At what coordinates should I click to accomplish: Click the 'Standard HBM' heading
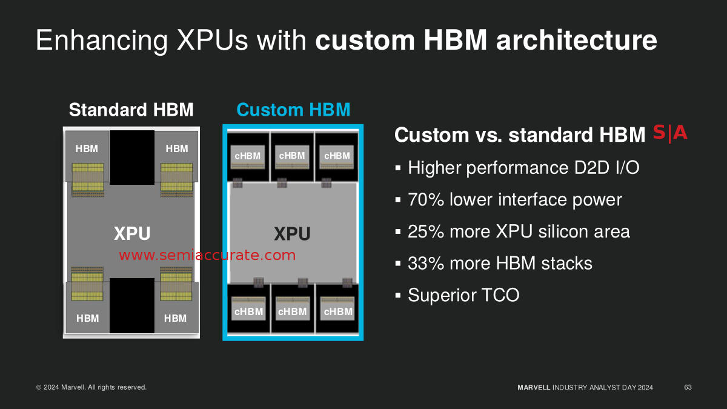(x=131, y=110)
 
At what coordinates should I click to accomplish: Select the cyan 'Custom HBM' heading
(x=293, y=110)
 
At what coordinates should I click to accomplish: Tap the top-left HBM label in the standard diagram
(x=87, y=148)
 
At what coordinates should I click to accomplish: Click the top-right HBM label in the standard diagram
(x=177, y=148)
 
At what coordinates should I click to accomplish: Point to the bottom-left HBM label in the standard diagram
(x=88, y=318)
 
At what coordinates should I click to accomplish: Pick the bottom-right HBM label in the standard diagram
(x=175, y=318)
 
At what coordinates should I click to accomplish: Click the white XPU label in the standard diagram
(x=132, y=233)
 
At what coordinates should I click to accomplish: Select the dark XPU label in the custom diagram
(x=292, y=234)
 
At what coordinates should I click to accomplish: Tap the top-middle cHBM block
(x=292, y=157)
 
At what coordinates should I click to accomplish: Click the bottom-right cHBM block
(x=337, y=308)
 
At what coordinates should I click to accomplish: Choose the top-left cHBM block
(x=248, y=157)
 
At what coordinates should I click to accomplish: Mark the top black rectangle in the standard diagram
(x=132, y=158)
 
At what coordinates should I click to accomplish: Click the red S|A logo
(x=670, y=133)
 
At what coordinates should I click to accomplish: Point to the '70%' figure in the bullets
(x=426, y=199)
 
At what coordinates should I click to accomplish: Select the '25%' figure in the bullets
(x=426, y=231)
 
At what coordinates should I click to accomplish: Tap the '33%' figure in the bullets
(x=426, y=263)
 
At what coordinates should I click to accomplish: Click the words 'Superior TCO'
(x=464, y=295)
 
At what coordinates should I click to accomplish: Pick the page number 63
(x=688, y=387)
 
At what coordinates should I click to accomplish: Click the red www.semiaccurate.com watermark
(x=207, y=255)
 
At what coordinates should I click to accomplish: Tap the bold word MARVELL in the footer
(x=534, y=388)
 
